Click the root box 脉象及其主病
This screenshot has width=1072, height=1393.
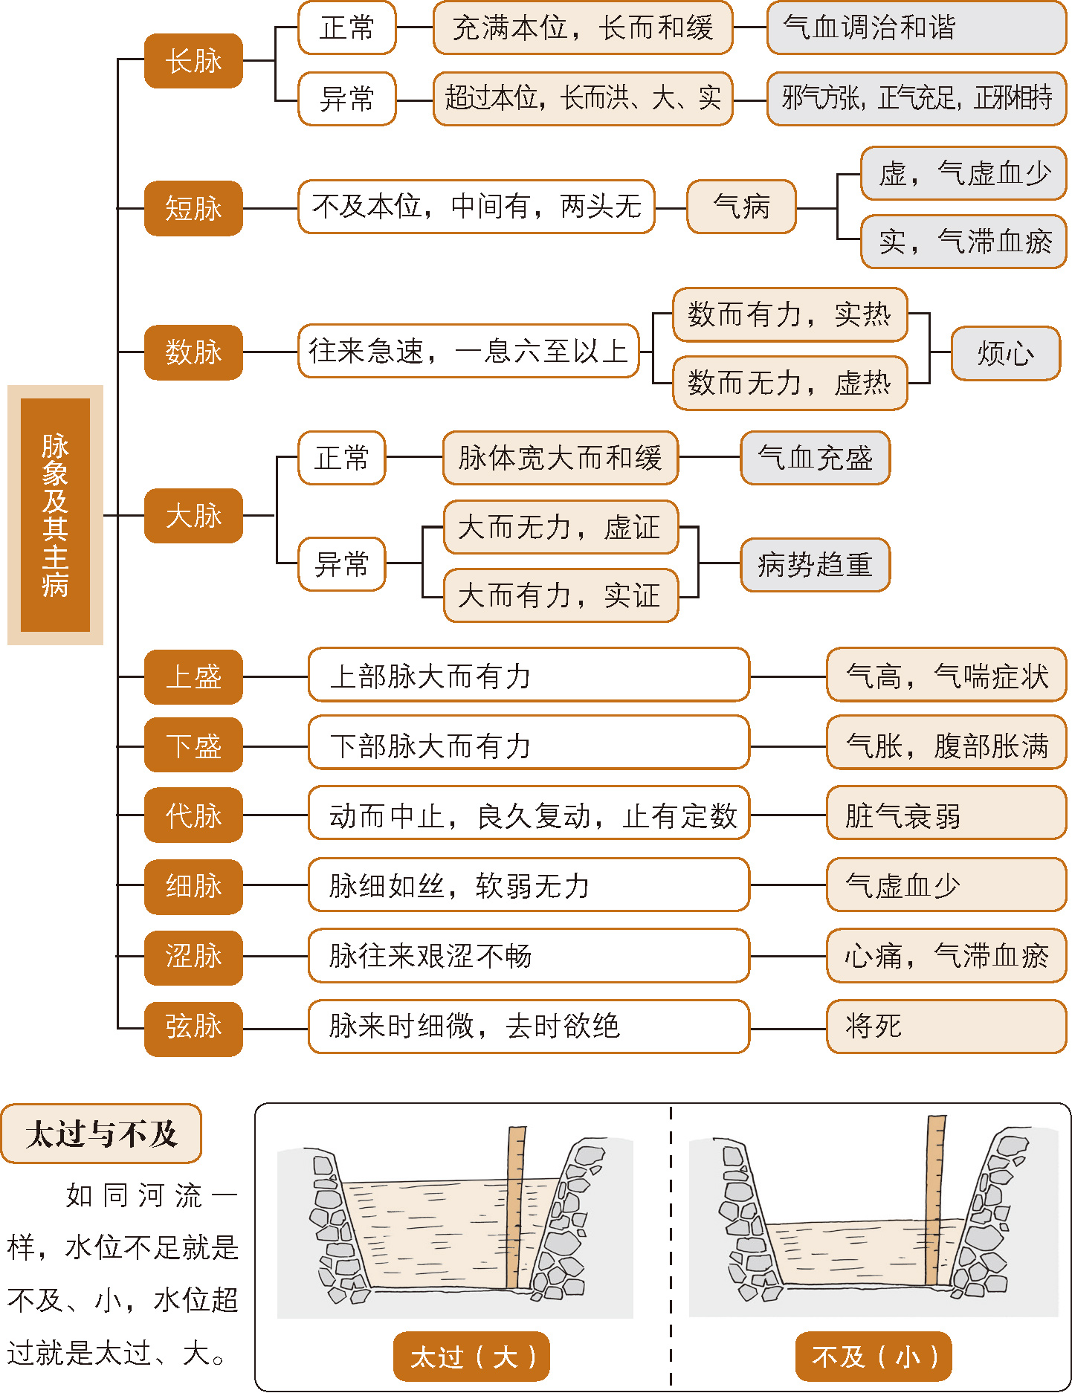coord(55,514)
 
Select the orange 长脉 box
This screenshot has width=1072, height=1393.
coord(193,61)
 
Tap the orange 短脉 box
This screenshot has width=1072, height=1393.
coord(193,208)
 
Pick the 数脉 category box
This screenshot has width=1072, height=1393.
coord(193,352)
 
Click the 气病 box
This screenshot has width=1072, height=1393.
coord(741,207)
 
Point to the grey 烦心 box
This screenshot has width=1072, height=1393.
coord(1005,354)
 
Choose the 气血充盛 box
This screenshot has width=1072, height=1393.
coord(815,458)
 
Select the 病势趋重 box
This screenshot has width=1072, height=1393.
coord(815,565)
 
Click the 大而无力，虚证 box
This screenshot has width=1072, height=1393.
coord(561,528)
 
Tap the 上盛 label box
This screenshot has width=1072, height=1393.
coord(193,677)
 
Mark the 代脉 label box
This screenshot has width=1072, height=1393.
coord(193,815)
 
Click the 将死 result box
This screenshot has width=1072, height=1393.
coord(946,1027)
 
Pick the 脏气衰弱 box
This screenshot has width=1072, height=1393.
coord(946,815)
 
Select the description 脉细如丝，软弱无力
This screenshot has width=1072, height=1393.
coord(529,885)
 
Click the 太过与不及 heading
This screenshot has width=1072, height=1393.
coord(101,1134)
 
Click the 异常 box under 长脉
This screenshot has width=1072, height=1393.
coord(346,99)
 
